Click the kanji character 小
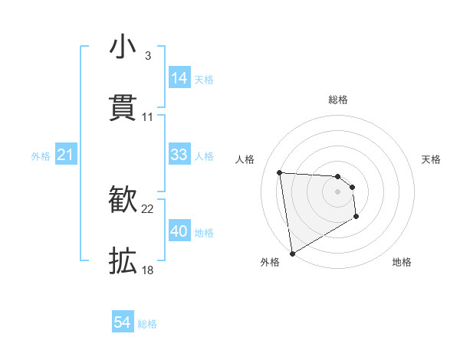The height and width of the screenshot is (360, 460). pos(123,47)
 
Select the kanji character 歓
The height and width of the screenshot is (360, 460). pos(123,200)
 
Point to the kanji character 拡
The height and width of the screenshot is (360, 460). pos(123,261)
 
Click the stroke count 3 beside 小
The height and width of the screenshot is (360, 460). pos(147,56)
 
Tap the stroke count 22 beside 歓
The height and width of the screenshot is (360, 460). pos(148,209)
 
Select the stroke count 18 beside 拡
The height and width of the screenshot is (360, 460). pos(148,270)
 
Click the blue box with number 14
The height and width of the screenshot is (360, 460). pos(179,77)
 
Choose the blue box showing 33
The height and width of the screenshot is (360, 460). pos(179,155)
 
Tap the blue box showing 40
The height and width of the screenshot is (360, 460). pos(179,231)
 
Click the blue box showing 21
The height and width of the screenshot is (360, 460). pos(66,155)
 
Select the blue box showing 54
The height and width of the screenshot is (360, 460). pos(123,323)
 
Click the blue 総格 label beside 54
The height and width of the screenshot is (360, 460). pos(147,325)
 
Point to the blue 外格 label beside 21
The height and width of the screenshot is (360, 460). pos(41,156)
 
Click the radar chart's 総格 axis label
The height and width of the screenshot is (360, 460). pos(337,100)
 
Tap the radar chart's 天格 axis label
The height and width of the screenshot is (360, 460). pos(431,159)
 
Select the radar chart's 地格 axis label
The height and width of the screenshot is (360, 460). pos(402,262)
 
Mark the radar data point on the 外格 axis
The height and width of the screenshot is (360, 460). pos(291,252)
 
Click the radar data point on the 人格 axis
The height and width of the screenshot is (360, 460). pos(279,172)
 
